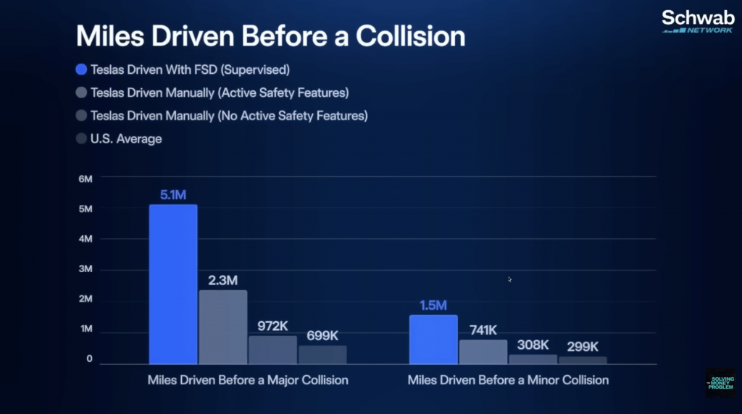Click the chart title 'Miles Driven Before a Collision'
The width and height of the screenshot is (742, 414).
(270, 36)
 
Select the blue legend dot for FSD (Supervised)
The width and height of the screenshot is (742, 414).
(81, 70)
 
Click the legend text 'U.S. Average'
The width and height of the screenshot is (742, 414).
(126, 138)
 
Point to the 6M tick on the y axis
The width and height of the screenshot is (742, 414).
(86, 178)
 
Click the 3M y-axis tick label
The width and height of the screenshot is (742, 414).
(86, 269)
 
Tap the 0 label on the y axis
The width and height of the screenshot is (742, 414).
(89, 359)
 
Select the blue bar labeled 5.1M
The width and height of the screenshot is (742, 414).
(173, 284)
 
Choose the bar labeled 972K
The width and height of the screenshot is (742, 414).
(272, 350)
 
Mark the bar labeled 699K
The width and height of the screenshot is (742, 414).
(322, 355)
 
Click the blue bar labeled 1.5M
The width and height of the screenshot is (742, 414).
(433, 339)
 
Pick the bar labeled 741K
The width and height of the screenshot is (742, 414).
(483, 352)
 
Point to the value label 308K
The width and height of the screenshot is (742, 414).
(533, 345)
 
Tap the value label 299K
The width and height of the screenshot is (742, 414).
(583, 347)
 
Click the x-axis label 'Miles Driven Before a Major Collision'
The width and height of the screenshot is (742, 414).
(248, 380)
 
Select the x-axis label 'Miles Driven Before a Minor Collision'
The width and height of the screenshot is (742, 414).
(508, 380)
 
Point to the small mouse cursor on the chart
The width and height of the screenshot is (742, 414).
(509, 279)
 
